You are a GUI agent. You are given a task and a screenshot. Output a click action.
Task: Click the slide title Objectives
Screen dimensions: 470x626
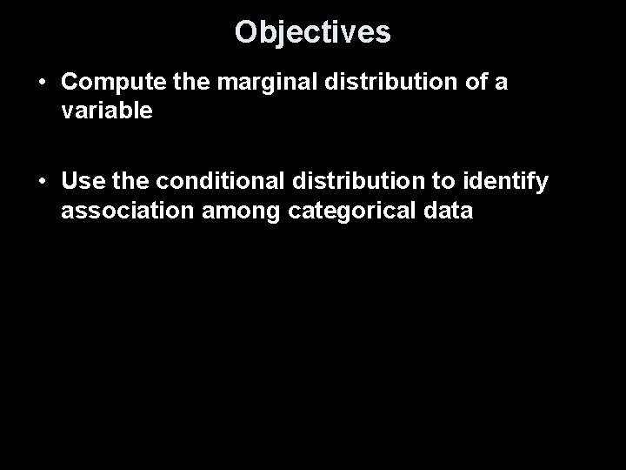(313, 32)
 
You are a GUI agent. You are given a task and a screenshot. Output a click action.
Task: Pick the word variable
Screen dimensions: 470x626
(107, 111)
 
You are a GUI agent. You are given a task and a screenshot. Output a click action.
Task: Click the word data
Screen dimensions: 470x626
(447, 211)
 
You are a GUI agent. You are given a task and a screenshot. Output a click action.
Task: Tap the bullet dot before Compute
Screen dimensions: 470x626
(43, 84)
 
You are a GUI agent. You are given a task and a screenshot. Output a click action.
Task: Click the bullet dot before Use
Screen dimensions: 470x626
(43, 183)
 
